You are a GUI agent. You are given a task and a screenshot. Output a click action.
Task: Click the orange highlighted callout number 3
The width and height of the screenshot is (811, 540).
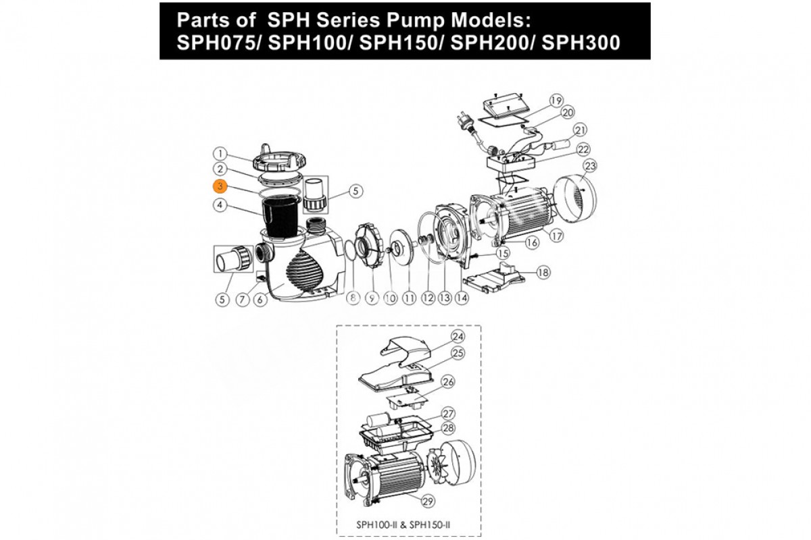(220, 186)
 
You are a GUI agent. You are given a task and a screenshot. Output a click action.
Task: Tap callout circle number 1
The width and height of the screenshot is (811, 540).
(220, 154)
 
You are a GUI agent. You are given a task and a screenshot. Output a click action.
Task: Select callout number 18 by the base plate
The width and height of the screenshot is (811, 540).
(543, 272)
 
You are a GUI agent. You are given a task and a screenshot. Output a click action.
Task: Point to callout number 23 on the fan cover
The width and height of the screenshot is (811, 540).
(590, 166)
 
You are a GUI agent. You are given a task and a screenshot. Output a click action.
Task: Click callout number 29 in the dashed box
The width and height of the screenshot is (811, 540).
(428, 502)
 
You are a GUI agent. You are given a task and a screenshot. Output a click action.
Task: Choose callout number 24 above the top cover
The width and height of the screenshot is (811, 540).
(458, 337)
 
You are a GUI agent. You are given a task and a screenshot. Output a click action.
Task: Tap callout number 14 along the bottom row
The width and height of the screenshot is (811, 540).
(462, 298)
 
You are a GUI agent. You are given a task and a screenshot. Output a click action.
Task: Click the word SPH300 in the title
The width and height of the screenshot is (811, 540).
(581, 43)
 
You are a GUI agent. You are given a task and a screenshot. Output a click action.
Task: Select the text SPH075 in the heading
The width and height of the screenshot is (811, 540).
(219, 43)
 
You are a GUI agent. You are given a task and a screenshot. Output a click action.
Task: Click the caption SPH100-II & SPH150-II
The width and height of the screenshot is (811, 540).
(403, 524)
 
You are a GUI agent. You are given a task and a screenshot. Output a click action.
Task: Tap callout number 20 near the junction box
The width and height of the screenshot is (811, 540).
(568, 113)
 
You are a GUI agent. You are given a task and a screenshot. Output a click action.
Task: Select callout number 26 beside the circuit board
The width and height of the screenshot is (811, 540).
(448, 382)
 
